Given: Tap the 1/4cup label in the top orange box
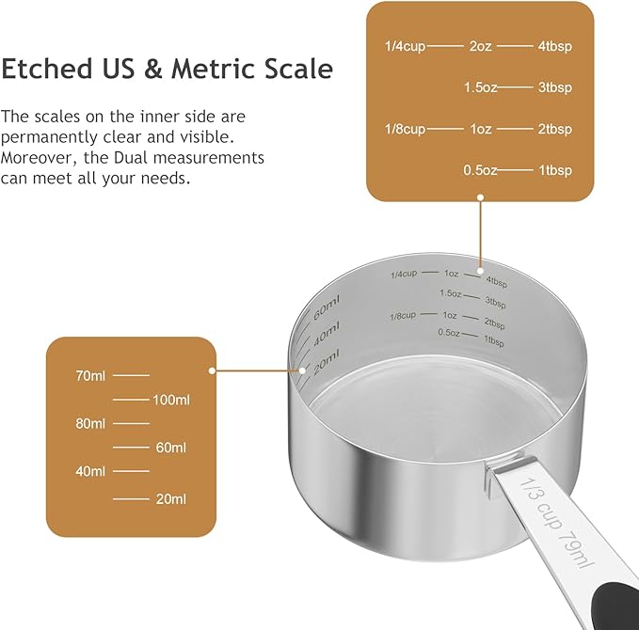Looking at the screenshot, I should pos(405,46).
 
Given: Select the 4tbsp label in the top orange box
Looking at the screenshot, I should pos(555,46).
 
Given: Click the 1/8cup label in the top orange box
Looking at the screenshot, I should pos(405,129).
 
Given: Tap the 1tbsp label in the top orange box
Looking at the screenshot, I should pos(555,170).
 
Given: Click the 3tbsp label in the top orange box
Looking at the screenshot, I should pos(555,87).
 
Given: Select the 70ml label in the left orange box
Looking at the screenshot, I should pos(90,375).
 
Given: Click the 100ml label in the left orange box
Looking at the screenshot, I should pos(170,400).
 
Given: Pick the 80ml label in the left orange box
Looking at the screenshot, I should pos(90,423).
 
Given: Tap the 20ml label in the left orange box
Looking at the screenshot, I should pos(170,498).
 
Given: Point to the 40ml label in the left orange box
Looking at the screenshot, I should pos(90,470).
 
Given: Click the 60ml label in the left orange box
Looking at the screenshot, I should pos(170,448).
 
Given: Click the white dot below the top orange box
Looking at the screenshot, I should pos(480,197).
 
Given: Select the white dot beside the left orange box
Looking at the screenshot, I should pos(213,370).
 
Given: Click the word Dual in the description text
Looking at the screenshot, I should pos(149,157).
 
